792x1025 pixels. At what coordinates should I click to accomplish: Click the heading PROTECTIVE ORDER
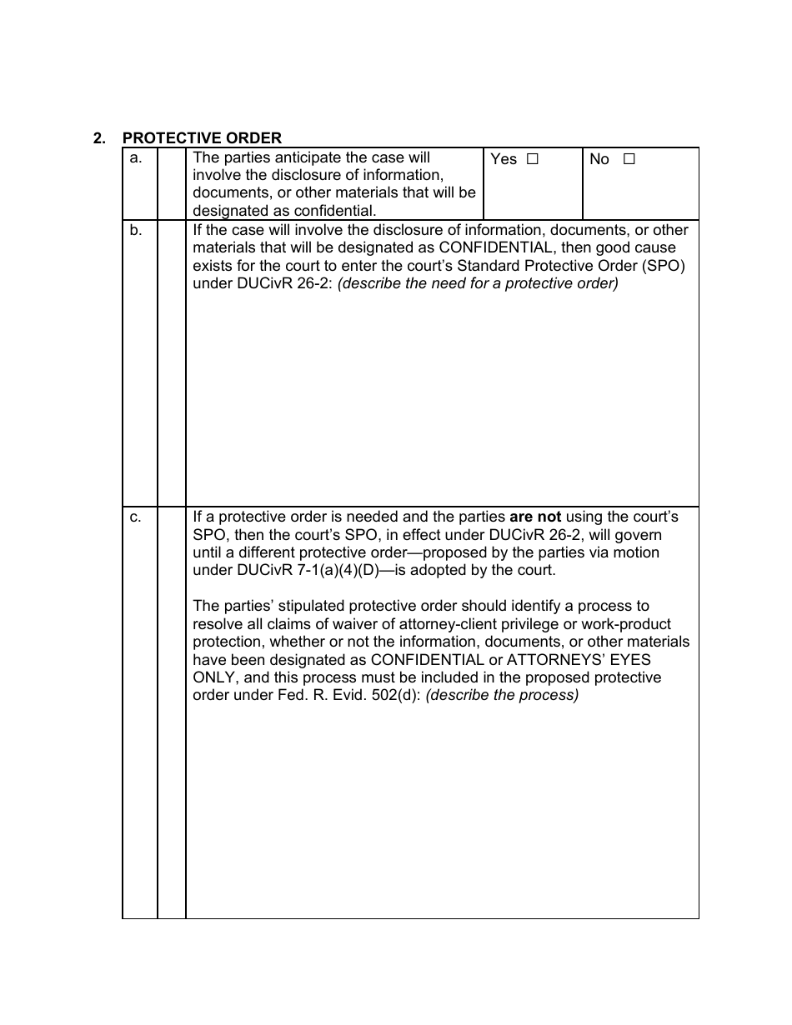click(x=202, y=138)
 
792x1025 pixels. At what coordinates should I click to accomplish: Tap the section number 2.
click(x=99, y=138)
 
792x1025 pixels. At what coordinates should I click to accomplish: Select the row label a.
click(x=136, y=158)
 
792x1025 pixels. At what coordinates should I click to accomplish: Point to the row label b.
click(x=136, y=231)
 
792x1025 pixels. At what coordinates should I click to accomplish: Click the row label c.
click(x=136, y=517)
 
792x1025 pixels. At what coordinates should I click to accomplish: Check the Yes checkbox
click(x=533, y=159)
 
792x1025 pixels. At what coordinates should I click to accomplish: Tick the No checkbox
click(x=629, y=159)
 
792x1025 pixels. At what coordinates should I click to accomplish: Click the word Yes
click(x=504, y=159)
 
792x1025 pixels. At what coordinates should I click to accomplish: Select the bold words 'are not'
click(x=535, y=517)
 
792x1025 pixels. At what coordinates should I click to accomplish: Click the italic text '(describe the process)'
click(x=502, y=695)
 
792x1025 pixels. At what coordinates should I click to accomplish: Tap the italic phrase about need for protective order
click(x=478, y=283)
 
